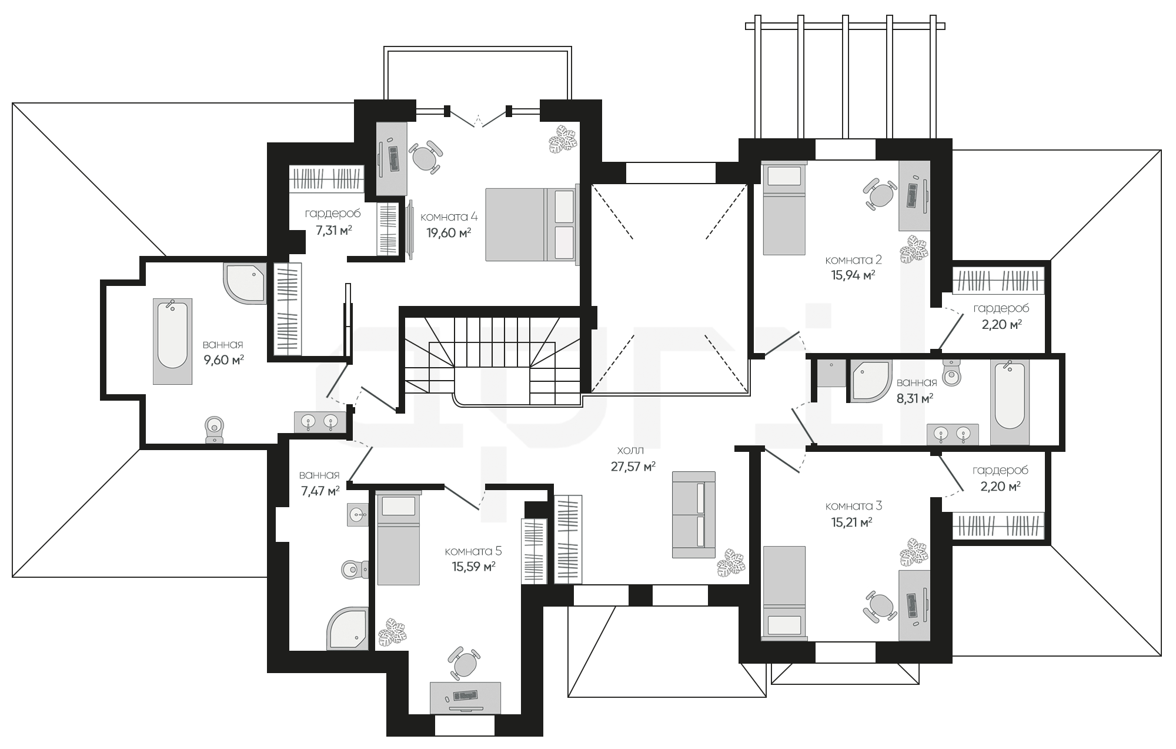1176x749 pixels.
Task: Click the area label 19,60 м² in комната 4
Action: coord(449,232)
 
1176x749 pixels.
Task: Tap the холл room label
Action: coord(630,450)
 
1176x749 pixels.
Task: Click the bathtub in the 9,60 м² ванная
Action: coord(173,341)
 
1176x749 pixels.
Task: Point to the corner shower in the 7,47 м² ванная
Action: coord(348,629)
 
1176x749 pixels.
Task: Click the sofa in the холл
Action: coord(694,514)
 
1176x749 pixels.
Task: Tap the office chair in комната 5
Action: coord(465,663)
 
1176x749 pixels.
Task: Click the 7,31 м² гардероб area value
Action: coord(334,230)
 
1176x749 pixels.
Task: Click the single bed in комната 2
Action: coord(784,208)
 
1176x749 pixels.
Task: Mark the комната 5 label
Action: coord(473,551)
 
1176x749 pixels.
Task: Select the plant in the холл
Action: coord(731,563)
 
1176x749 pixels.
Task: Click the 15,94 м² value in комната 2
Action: coord(853,275)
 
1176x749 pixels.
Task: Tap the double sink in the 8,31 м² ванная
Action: coord(953,434)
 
